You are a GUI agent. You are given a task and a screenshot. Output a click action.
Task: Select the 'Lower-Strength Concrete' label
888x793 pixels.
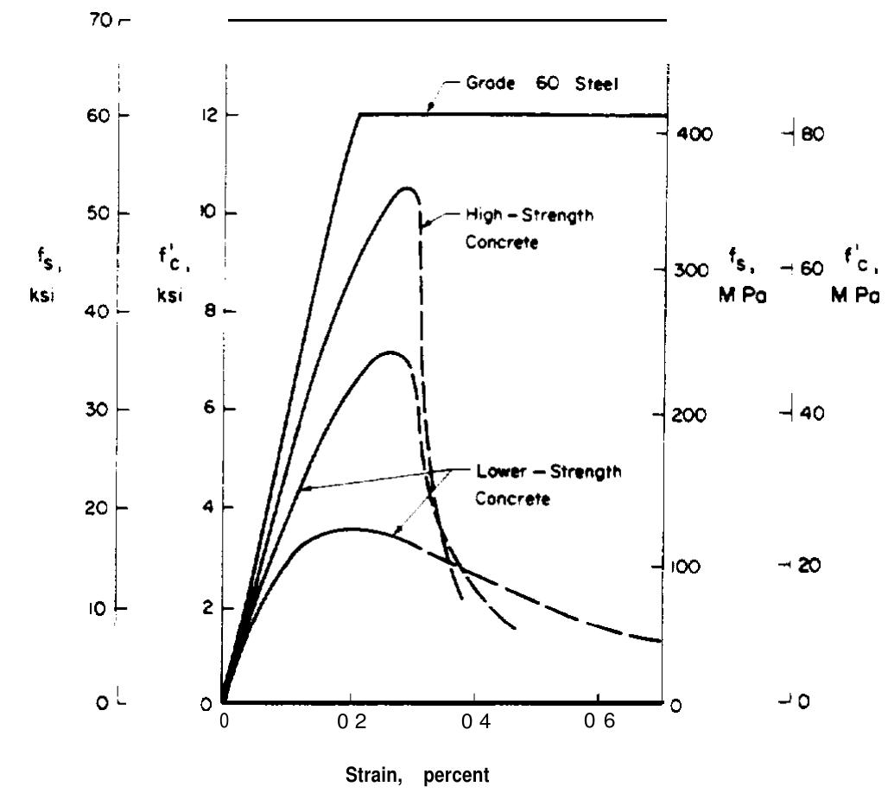(x=549, y=485)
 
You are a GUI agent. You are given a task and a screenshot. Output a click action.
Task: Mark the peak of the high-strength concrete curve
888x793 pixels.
(x=405, y=187)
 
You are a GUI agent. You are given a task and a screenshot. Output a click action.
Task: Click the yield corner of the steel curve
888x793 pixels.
(x=359, y=114)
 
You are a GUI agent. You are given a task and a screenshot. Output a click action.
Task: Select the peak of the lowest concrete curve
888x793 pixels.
(x=350, y=529)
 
